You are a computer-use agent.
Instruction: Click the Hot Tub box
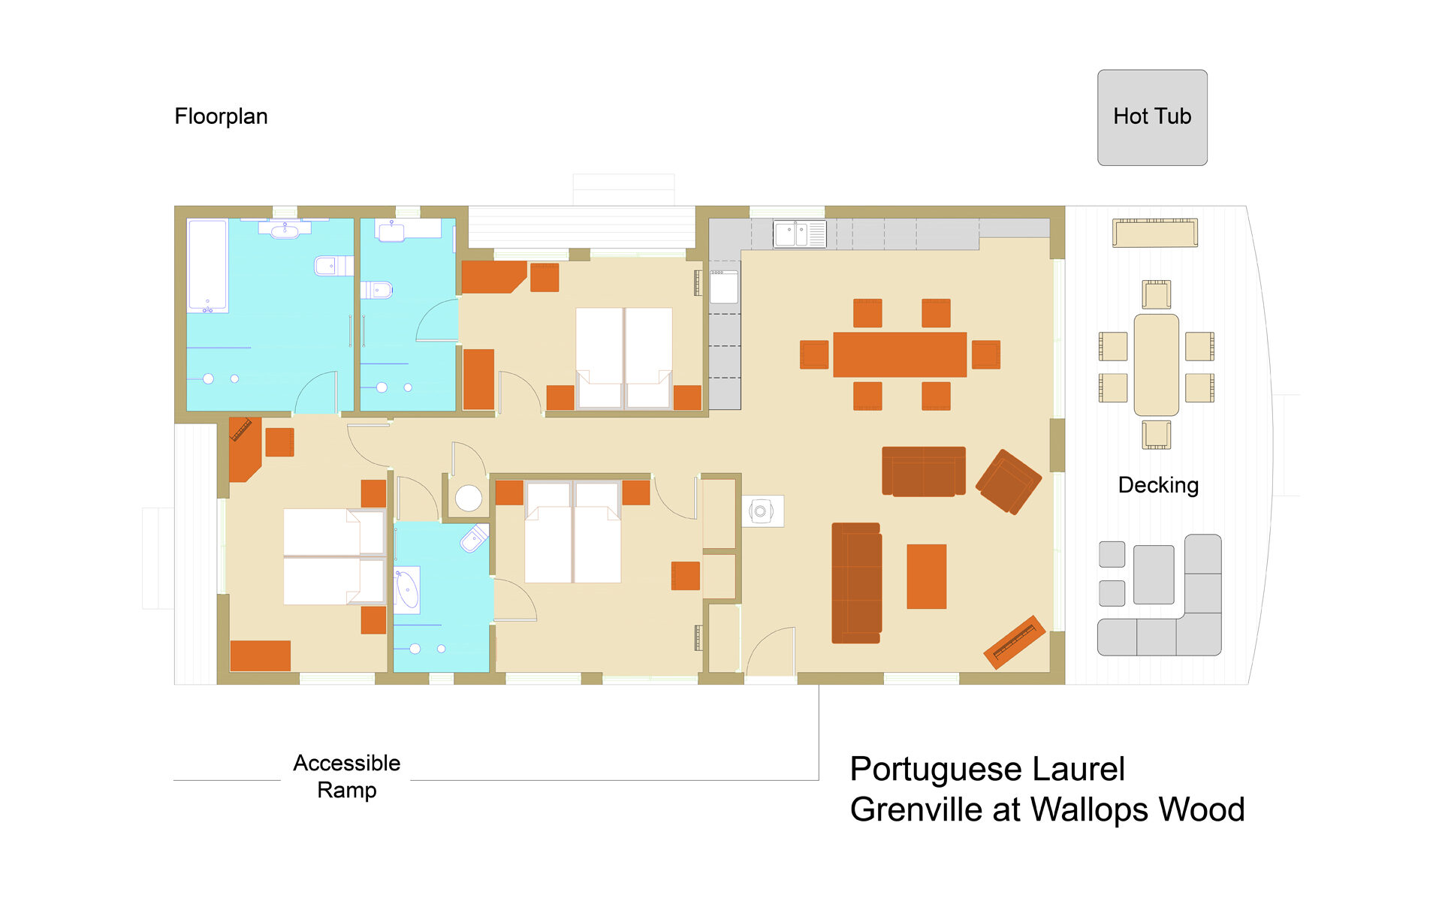pos(1152,118)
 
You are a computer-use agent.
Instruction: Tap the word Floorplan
pos(221,116)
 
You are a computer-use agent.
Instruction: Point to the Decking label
pos(1158,485)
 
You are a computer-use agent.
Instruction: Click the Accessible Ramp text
pos(347,776)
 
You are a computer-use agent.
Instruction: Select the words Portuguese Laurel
pos(987,770)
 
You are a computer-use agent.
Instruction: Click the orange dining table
pos(900,354)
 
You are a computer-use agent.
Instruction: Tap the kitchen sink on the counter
pos(800,234)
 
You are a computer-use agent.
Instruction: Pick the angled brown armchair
pos(1009,481)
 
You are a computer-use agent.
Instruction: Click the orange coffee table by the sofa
pos(926,577)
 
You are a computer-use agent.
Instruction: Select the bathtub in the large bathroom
pos(207,266)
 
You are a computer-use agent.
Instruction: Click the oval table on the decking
pos(1156,365)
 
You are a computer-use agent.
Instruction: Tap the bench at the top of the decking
pos(1155,233)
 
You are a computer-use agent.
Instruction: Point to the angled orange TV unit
pos(1015,642)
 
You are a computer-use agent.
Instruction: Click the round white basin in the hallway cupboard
pos(469,498)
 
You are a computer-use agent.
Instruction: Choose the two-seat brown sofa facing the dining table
pos(924,472)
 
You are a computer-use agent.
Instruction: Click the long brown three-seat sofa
pos(856,583)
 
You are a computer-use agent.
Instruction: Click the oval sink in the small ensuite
pos(407,590)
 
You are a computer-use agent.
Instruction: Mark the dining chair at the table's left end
pos(814,354)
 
